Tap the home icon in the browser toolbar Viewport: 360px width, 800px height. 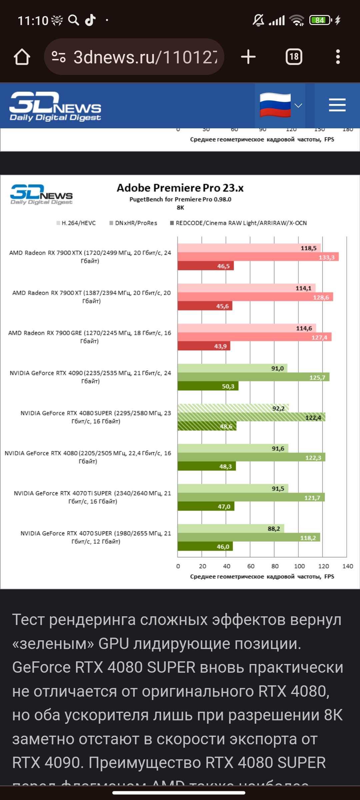(22, 57)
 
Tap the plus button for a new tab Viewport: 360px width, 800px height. (248, 57)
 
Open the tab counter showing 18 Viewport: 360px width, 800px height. (294, 57)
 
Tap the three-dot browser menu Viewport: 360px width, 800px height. (338, 57)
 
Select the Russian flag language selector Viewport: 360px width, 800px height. (280, 105)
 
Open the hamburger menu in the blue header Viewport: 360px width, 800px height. (337, 105)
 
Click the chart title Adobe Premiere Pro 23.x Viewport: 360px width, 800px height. (180, 188)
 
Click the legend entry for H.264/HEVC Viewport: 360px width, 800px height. (76, 223)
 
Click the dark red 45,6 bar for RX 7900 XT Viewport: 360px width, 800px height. (205, 306)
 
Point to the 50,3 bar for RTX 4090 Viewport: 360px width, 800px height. (208, 386)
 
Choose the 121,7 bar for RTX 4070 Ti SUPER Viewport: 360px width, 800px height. (251, 497)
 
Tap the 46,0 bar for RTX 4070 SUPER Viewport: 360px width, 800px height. (205, 546)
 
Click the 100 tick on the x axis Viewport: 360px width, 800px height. (299, 566)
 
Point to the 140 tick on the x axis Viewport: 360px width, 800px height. (348, 566)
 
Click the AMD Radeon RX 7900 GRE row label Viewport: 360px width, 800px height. (90, 337)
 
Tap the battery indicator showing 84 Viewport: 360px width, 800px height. (320, 20)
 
